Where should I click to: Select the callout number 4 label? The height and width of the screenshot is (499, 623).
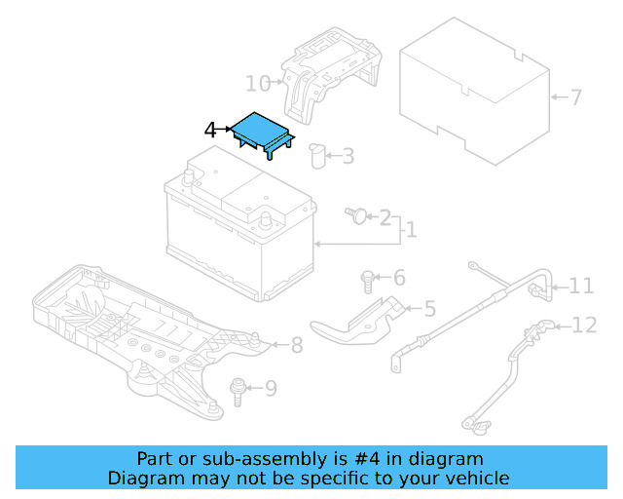210,130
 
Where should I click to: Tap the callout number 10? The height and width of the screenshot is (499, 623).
257,83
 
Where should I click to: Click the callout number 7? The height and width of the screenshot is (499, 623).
575,97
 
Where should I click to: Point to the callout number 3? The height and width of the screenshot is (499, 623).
348,155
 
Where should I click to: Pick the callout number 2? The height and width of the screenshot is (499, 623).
385,217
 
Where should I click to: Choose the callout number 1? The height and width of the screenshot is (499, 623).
411,230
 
